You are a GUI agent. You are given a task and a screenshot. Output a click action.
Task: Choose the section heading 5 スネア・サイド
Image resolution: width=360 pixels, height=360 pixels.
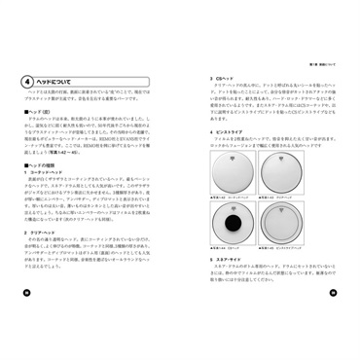pyautogui.click(x=227, y=289)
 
